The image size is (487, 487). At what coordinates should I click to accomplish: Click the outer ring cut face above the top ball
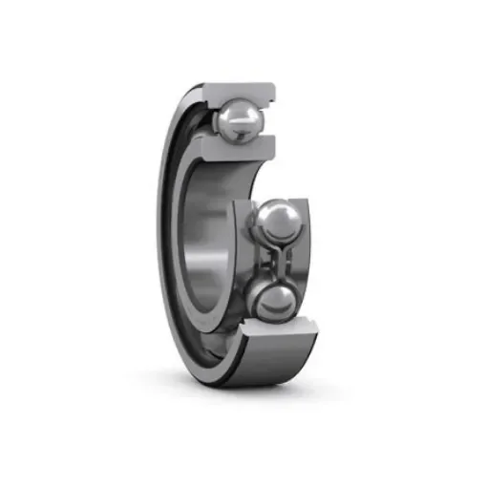click(x=239, y=91)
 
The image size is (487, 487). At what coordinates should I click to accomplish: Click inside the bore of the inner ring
click(x=212, y=239)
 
